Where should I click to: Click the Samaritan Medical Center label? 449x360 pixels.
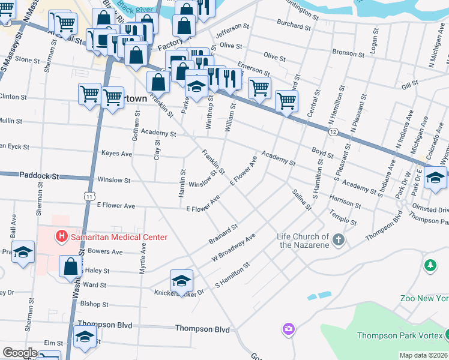click(118, 237)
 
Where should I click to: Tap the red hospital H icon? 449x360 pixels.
click(61, 237)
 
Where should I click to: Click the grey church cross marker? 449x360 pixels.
click(339, 240)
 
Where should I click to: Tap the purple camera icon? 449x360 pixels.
click(289, 329)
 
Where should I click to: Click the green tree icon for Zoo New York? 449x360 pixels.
click(430, 265)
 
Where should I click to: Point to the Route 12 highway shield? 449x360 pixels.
click(333, 130)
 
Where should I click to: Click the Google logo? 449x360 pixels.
click(19, 353)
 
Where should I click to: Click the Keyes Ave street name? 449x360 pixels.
click(116, 154)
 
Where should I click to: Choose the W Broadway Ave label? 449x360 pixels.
click(234, 248)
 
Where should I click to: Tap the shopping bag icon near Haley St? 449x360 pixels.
click(70, 266)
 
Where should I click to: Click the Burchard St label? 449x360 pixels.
click(294, 26)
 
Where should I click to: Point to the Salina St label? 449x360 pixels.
click(301, 200)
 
